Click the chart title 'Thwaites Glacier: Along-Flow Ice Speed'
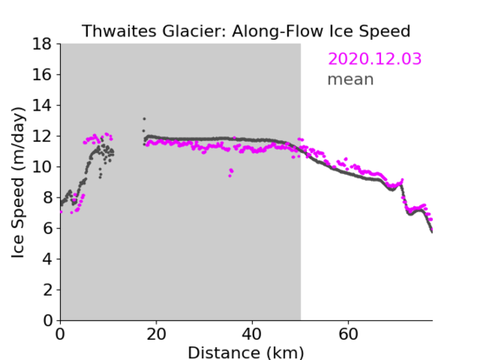click(x=246, y=31)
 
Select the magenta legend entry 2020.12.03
click(x=374, y=58)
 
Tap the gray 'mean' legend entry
click(x=351, y=79)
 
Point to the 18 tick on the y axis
click(x=41, y=44)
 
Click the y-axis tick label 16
click(x=41, y=74)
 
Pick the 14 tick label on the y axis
click(x=41, y=106)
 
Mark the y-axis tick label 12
click(x=41, y=136)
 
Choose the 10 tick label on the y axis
click(x=41, y=166)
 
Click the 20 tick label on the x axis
click(x=156, y=334)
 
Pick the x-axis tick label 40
click(x=252, y=334)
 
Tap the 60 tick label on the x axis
click(x=348, y=334)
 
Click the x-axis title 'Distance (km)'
click(x=246, y=352)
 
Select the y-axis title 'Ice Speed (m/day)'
click(x=18, y=183)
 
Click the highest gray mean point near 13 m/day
click(x=145, y=119)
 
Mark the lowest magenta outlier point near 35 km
click(x=230, y=176)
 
